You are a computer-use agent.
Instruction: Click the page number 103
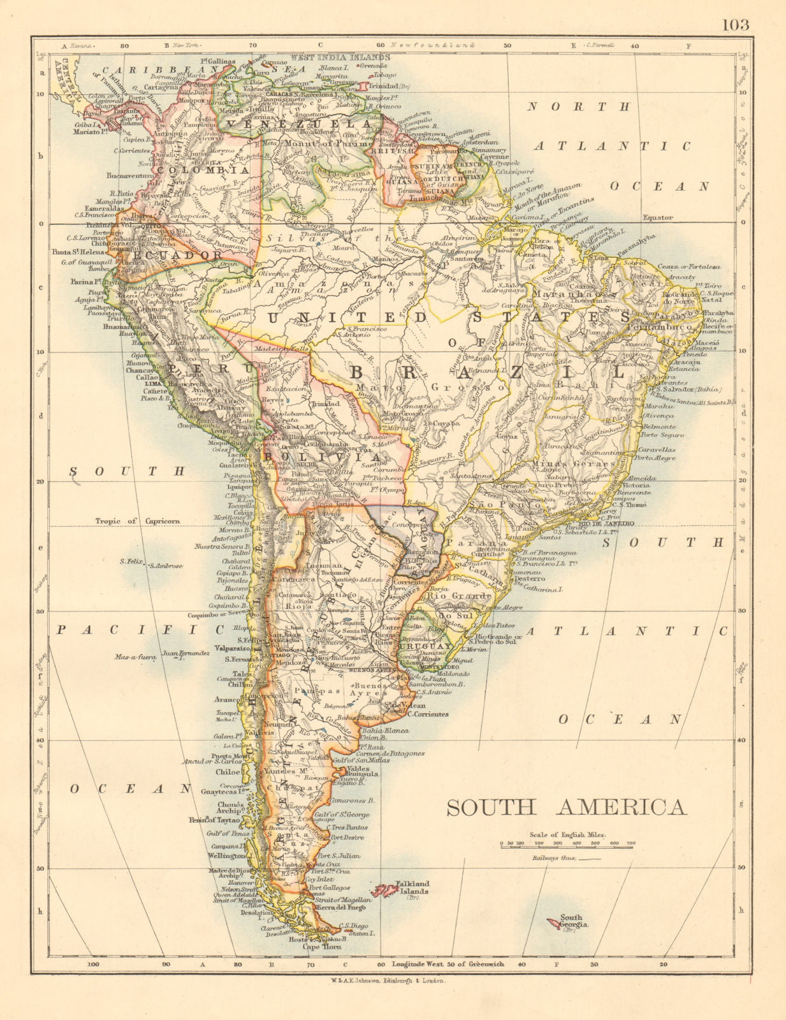pyautogui.click(x=736, y=25)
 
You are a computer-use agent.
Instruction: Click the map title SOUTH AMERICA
pyautogui.click(x=566, y=808)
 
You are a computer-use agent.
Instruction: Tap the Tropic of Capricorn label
pyautogui.click(x=138, y=521)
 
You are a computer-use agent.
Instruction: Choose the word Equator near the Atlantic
pyautogui.click(x=657, y=217)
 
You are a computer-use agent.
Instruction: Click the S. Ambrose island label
pyautogui.click(x=167, y=565)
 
